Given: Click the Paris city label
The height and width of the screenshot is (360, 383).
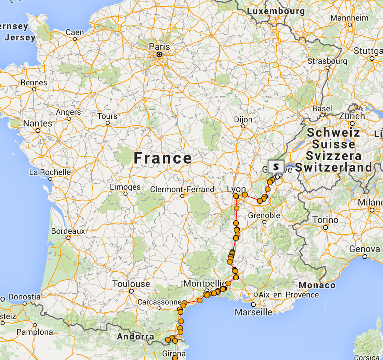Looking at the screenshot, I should pyautogui.click(x=159, y=46).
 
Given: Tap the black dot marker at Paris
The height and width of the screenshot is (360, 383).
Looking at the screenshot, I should pyautogui.click(x=159, y=54).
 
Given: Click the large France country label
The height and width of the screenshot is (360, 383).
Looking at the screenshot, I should pyautogui.click(x=162, y=158).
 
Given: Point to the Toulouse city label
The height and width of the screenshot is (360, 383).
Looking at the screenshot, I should pyautogui.click(x=131, y=284).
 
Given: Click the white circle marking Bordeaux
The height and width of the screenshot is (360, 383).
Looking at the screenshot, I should pyautogui.click(x=68, y=237).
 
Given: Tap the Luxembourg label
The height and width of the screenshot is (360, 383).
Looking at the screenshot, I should pyautogui.click(x=276, y=11).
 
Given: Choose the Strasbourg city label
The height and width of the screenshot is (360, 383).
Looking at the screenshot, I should pyautogui.click(x=327, y=61).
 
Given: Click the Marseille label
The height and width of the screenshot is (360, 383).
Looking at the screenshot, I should pyautogui.click(x=253, y=312).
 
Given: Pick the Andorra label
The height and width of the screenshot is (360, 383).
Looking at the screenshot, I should pyautogui.click(x=136, y=336).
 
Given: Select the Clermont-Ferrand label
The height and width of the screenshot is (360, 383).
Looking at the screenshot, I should pyautogui.click(x=182, y=189).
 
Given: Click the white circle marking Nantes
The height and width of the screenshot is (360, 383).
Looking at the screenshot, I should pyautogui.click(x=38, y=130).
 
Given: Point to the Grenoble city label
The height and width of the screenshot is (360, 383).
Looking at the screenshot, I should pyautogui.click(x=264, y=215).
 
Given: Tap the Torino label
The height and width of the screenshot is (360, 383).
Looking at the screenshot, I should pyautogui.click(x=325, y=220).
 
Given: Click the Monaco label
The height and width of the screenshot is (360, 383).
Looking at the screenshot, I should pyautogui.click(x=317, y=285).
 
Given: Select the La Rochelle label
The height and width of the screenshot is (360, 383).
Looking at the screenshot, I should pyautogui.click(x=50, y=172).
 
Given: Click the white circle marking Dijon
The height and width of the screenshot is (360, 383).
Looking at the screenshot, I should pyautogui.click(x=243, y=126).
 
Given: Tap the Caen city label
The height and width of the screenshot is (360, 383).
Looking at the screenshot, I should pyautogui.click(x=75, y=33).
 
